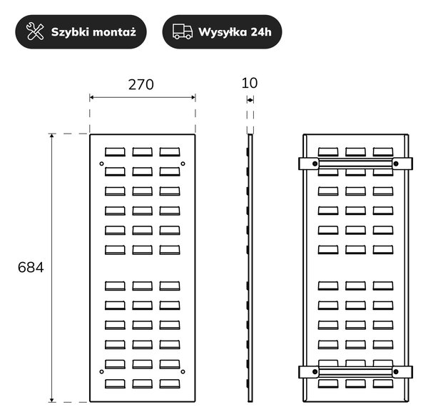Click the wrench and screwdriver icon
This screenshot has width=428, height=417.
click(x=35, y=31)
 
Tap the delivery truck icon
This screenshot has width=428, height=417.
click(x=183, y=31)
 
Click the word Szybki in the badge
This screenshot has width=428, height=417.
click(x=70, y=32)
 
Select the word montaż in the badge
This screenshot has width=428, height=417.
click(x=115, y=32)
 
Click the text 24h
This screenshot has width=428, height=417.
click(x=261, y=32)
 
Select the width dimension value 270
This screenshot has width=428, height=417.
click(x=141, y=85)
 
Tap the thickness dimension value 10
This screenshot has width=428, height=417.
click(x=250, y=83)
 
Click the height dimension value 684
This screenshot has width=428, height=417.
click(x=31, y=267)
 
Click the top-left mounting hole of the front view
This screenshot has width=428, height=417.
click(x=101, y=164)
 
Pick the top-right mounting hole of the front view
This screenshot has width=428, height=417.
click(x=183, y=164)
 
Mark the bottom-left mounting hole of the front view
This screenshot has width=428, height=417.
click(x=101, y=371)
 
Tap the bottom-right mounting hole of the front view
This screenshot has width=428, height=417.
click(x=183, y=371)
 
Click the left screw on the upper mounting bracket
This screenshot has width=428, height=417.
click(x=315, y=164)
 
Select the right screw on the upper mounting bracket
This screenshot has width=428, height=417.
click(x=396, y=164)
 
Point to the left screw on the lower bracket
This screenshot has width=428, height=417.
click(x=315, y=371)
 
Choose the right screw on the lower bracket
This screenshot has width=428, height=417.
click(x=396, y=371)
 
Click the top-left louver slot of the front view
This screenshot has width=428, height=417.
click(x=115, y=152)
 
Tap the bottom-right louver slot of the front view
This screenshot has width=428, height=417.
click(x=170, y=383)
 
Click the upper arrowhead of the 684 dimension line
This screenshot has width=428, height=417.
click(x=51, y=136)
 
